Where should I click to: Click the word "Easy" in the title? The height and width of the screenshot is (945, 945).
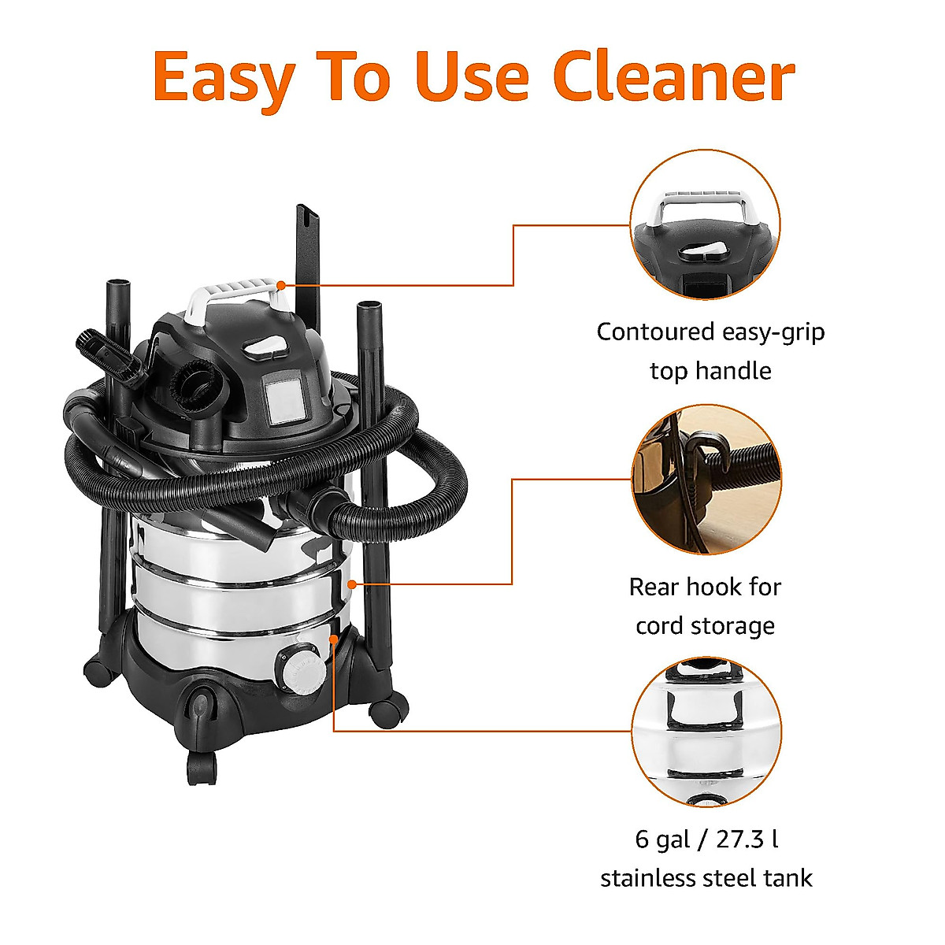pyautogui.click(x=223, y=77)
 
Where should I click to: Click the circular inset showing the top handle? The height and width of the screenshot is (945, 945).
pyautogui.click(x=706, y=225)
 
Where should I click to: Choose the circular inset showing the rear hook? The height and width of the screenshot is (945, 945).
pyautogui.click(x=706, y=479)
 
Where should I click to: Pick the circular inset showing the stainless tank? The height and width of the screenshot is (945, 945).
pyautogui.click(x=706, y=732)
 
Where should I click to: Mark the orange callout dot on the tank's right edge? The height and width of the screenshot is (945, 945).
pyautogui.click(x=352, y=584)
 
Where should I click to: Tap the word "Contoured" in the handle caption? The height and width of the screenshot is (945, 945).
pyautogui.click(x=654, y=332)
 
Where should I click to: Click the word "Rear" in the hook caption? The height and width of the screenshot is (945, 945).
pyautogui.click(x=654, y=587)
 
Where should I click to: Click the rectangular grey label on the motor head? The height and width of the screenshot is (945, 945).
pyautogui.click(x=284, y=402)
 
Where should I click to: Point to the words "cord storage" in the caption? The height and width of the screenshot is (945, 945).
pyautogui.click(x=706, y=626)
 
